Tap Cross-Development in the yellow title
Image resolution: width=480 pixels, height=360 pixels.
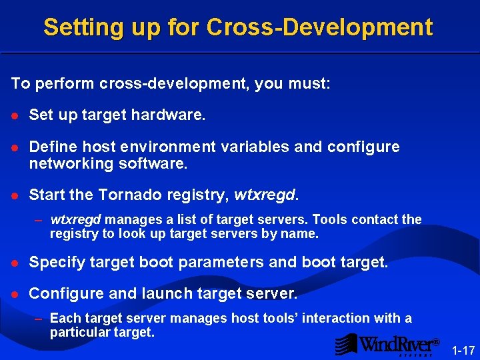tap(320, 27)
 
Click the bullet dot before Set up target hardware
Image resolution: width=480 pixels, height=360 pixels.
tap(14, 116)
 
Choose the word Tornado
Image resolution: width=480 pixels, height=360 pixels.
tap(129, 195)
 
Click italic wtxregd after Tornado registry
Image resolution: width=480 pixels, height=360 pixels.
tap(266, 195)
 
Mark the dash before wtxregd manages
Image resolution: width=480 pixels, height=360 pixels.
tap(39, 219)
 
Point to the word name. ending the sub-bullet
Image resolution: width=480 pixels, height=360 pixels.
tap(302, 234)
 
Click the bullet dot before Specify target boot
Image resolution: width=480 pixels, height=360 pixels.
tap(14, 263)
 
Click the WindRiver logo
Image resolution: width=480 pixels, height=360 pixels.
tap(387, 344)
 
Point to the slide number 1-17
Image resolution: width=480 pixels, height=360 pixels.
tap(463, 350)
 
